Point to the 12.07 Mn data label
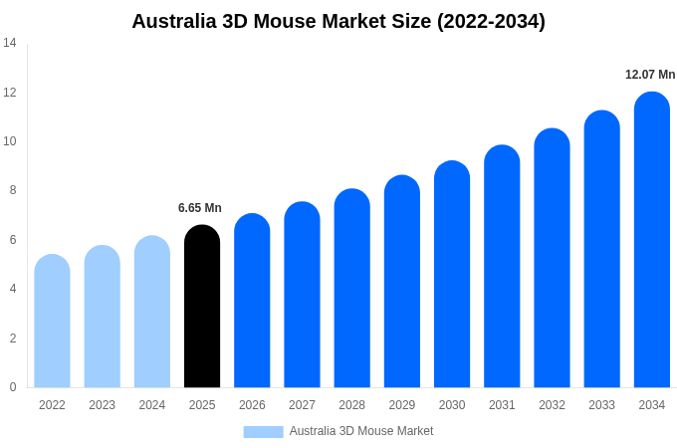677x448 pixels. pyautogui.click(x=650, y=75)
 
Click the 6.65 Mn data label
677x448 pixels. pyautogui.click(x=200, y=208)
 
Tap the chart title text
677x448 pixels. pyautogui.click(x=338, y=21)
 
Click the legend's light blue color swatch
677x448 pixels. pyautogui.click(x=263, y=432)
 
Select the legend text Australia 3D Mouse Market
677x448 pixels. pyautogui.click(x=361, y=431)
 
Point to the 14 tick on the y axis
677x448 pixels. pyautogui.click(x=10, y=43)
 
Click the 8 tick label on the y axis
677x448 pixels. pyautogui.click(x=12, y=190)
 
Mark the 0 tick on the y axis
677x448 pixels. pyautogui.click(x=12, y=387)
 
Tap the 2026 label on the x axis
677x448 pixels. pyautogui.click(x=252, y=405)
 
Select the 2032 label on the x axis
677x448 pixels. pyautogui.click(x=552, y=405)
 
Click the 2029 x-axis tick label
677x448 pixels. pyautogui.click(x=402, y=405)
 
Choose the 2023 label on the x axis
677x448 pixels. pyautogui.click(x=102, y=405)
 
